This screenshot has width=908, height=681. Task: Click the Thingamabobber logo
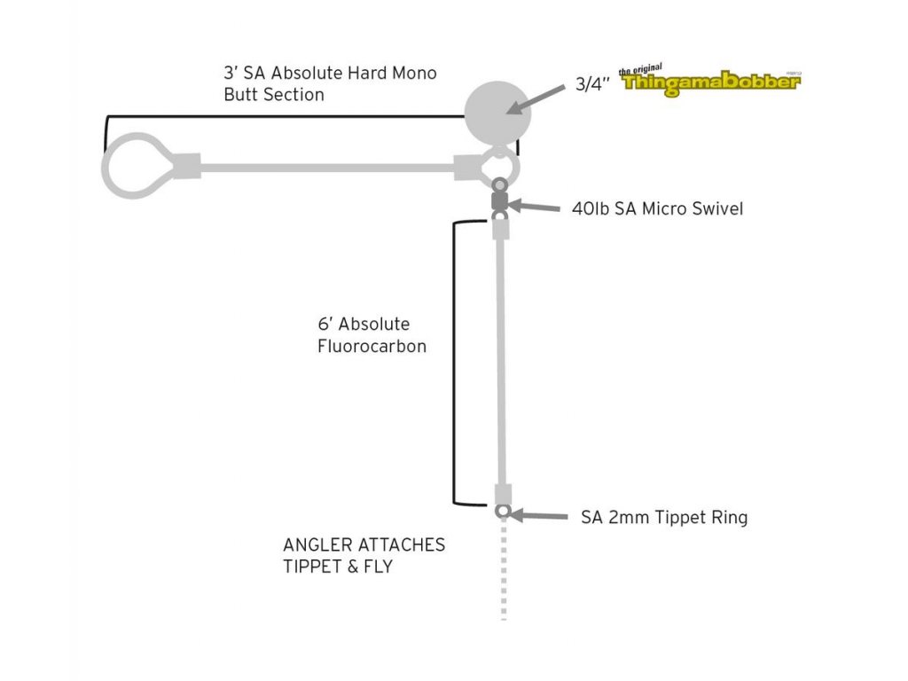pos(710,81)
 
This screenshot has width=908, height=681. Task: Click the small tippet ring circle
pos(502,511)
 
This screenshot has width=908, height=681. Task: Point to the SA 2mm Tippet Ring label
pos(664,517)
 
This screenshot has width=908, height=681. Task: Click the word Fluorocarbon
pos(372,347)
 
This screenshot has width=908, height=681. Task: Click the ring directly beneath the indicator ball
pos(500,165)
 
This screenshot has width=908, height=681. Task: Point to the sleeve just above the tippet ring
pos(503,494)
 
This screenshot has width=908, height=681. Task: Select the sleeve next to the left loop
pos(187,165)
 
